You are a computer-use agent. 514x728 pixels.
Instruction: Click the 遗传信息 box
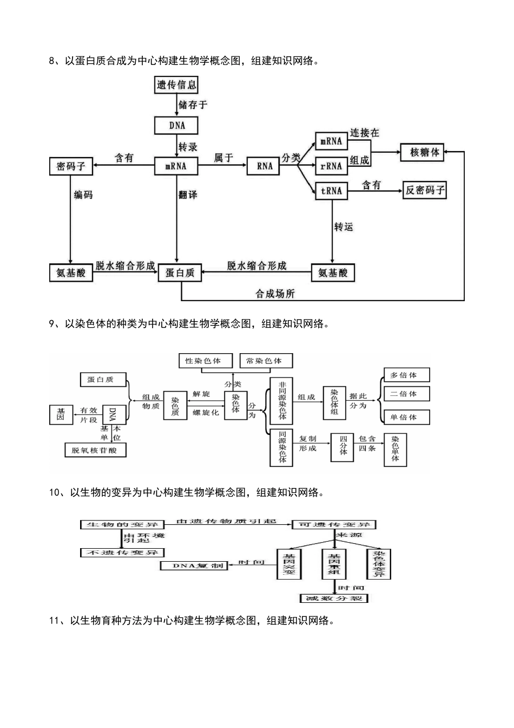[176, 84]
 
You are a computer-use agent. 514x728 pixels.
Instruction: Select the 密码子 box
[71, 166]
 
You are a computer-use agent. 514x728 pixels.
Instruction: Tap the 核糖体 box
[425, 152]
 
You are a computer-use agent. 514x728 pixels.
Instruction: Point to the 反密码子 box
[425, 191]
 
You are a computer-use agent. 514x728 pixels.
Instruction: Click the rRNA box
[331, 166]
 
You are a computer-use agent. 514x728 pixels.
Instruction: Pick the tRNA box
[331, 191]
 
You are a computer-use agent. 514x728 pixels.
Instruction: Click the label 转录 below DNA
[188, 147]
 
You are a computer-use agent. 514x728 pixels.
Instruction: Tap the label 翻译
[188, 194]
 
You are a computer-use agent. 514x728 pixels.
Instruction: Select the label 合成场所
[275, 294]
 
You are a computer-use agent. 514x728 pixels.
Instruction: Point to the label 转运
[344, 227]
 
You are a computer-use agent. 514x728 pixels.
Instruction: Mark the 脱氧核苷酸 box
[95, 450]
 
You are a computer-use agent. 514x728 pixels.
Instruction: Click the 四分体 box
[343, 448]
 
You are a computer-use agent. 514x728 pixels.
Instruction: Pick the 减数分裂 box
[333, 599]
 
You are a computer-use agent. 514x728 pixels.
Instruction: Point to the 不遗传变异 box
[122, 552]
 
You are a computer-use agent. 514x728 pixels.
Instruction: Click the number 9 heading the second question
[52, 324]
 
